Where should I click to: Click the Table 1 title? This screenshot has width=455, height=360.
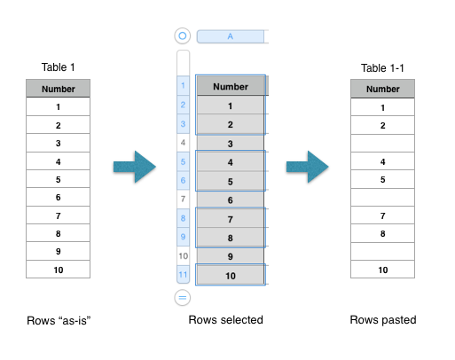tap(58, 67)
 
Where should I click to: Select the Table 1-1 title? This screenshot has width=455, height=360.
tap(382, 68)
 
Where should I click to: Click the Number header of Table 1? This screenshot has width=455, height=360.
tap(58, 89)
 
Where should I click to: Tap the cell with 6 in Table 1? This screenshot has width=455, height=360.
tap(58, 197)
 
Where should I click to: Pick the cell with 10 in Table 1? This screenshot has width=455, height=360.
tap(58, 270)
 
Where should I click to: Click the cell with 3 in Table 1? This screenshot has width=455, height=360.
tap(58, 143)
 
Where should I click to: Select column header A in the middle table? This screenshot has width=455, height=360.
tap(231, 36)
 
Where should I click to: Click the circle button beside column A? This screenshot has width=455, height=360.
tap(183, 35)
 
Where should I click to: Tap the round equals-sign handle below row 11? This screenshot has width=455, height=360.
tap(183, 297)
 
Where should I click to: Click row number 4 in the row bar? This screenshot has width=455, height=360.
tap(183, 143)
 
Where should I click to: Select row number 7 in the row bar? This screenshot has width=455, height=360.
tap(183, 199)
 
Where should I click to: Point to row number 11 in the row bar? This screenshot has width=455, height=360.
tap(183, 275)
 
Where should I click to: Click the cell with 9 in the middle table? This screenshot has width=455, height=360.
tap(231, 256)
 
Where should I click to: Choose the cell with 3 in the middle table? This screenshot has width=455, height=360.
tap(231, 144)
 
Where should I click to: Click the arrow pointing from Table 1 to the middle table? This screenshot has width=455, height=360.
tap(135, 167)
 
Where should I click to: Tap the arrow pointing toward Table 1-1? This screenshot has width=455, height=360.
tap(308, 167)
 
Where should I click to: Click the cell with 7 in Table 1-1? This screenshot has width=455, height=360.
tap(382, 215)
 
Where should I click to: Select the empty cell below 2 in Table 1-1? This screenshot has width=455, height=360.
tap(382, 144)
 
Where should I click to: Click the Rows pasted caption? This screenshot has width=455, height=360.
tap(383, 320)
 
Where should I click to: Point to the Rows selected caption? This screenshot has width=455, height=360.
tap(226, 320)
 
